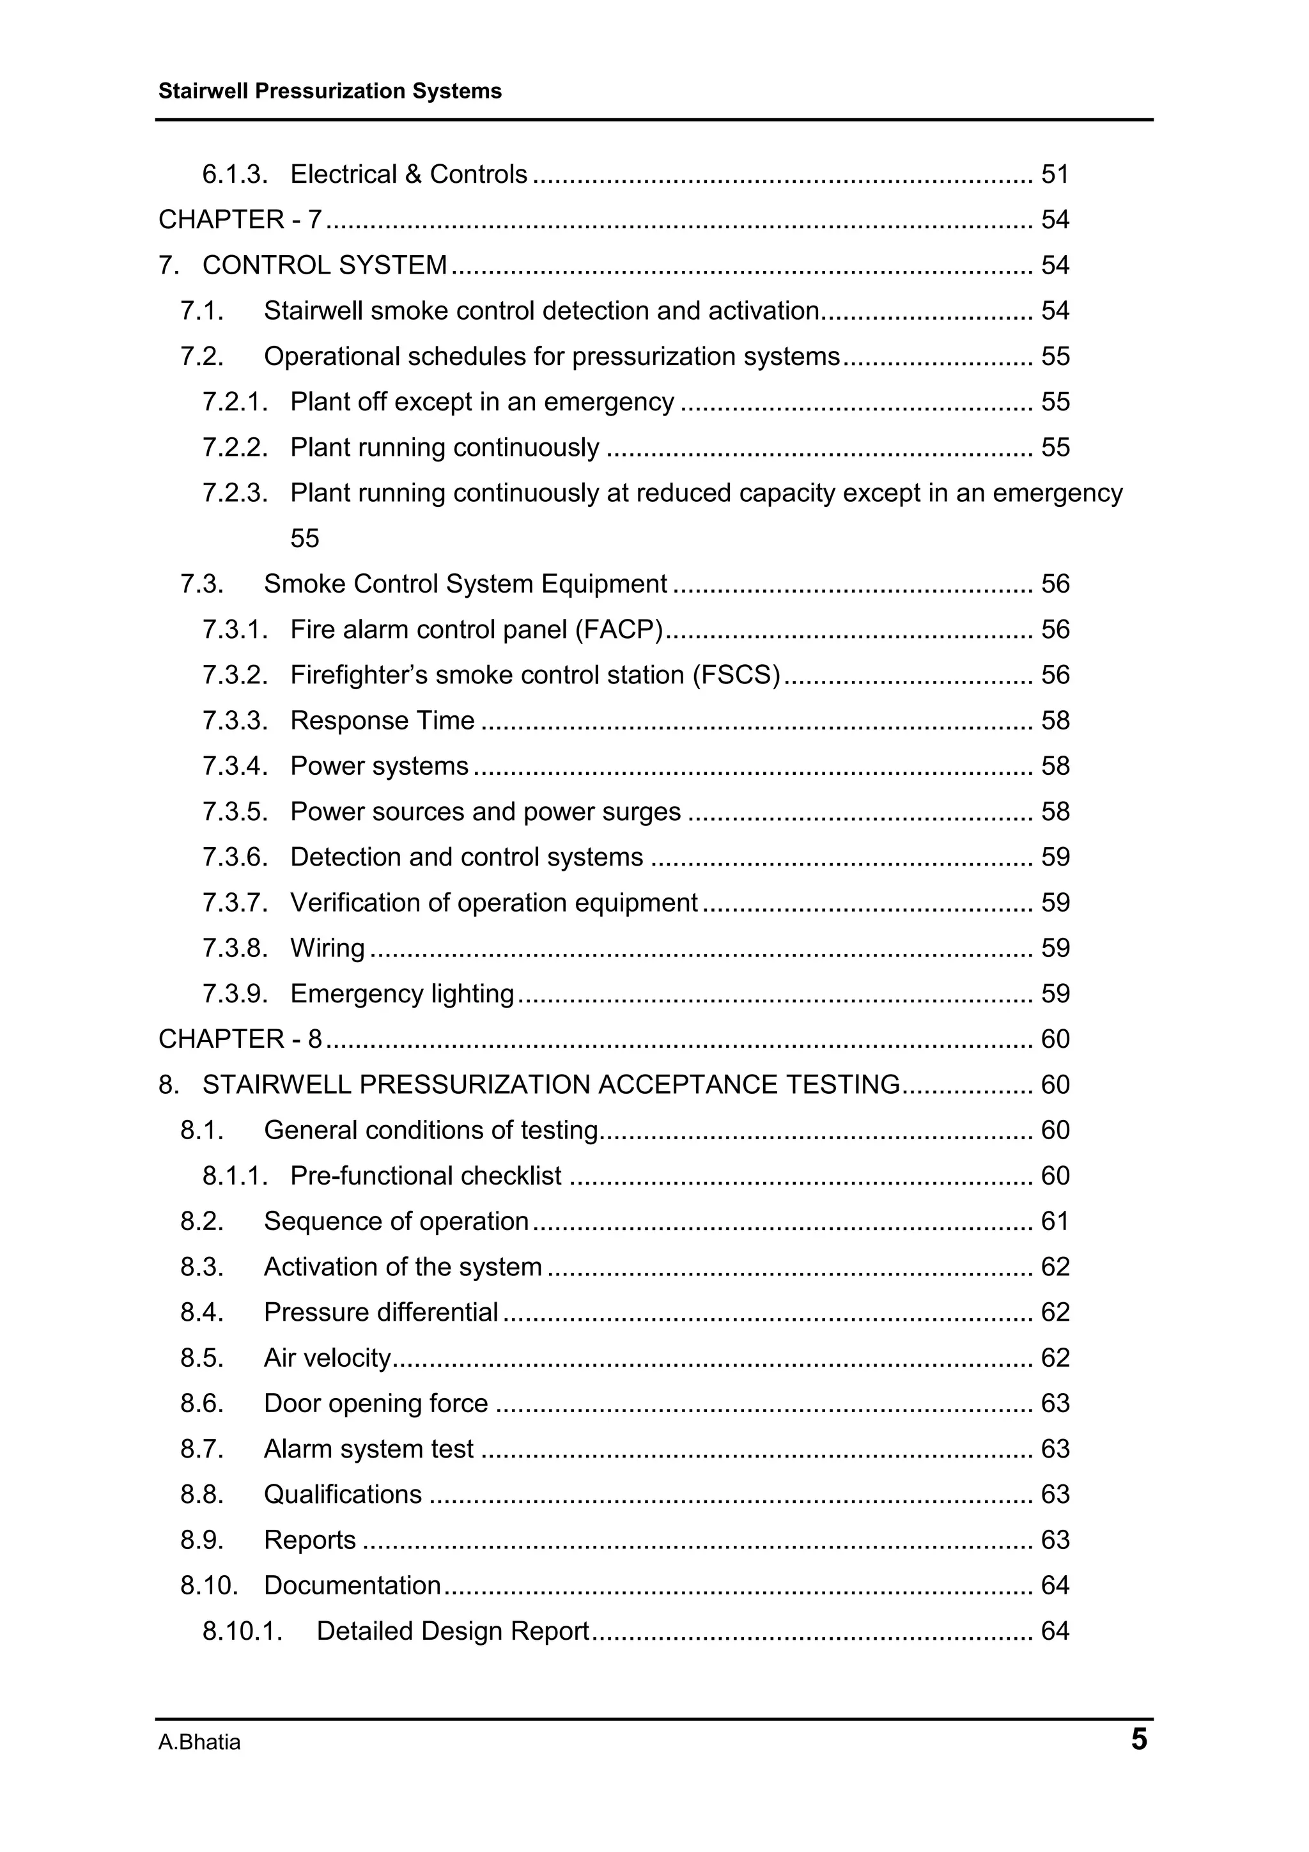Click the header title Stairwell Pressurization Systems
coord(330,91)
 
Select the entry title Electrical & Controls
coord(408,175)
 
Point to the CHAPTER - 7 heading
coord(240,219)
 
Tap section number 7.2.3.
coord(235,493)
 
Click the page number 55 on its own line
coord(304,538)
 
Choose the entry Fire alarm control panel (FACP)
coord(476,629)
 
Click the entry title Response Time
coord(382,720)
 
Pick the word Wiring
coord(327,948)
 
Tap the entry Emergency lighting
coord(401,993)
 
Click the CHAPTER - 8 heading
coord(240,1039)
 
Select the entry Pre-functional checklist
coord(425,1176)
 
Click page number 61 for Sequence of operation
coord(1054,1221)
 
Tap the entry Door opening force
coord(375,1403)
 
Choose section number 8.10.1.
coord(242,1631)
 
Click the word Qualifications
coord(342,1495)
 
